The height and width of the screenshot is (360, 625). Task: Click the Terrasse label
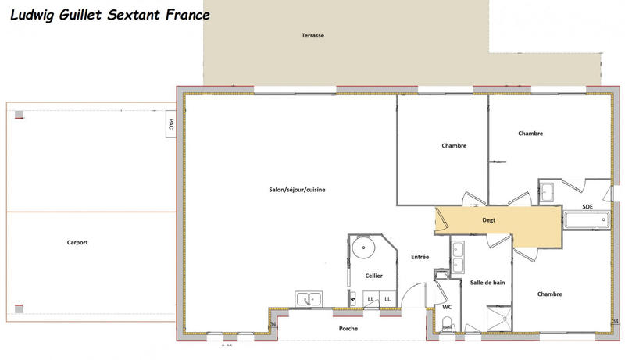tap(313, 36)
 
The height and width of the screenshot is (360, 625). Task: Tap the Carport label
tap(77, 243)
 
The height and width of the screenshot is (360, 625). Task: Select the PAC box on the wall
tap(170, 126)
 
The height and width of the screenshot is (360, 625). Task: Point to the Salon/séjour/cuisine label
tap(298, 190)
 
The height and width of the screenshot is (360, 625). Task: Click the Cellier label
tap(373, 276)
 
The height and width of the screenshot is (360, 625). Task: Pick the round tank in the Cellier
tap(362, 249)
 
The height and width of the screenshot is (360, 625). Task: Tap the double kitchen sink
tap(309, 298)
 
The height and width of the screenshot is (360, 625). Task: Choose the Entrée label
tap(420, 257)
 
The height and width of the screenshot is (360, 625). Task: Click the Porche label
tap(348, 329)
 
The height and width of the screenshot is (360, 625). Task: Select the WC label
tap(447, 307)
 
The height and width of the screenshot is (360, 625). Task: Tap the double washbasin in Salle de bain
tap(459, 251)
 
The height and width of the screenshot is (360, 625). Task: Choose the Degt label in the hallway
tap(488, 220)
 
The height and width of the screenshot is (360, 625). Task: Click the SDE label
tap(587, 206)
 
